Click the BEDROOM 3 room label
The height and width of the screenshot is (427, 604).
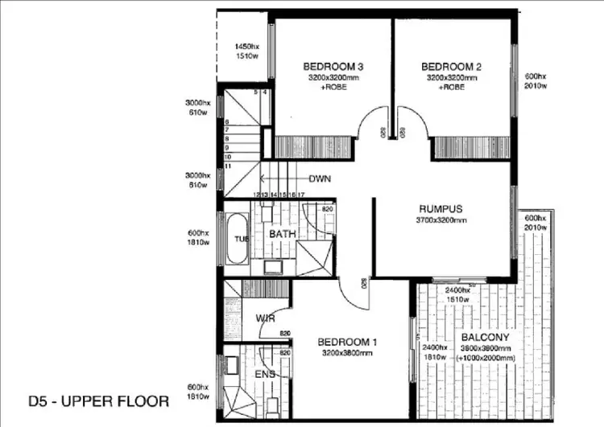click(331, 65)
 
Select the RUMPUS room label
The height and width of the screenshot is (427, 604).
click(439, 208)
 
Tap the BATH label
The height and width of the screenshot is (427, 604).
click(283, 234)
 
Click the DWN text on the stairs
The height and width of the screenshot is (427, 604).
click(320, 179)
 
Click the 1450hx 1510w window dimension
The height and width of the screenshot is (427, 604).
click(246, 51)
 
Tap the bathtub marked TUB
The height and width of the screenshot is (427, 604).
click(237, 238)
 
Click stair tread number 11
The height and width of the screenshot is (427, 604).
click(229, 166)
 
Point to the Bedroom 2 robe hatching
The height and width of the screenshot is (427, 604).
click(471, 148)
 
